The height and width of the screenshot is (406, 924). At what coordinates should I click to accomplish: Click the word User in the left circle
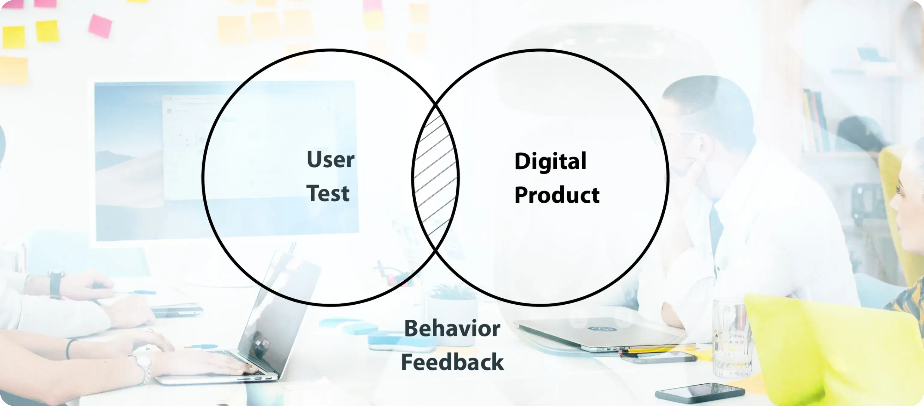[330, 159]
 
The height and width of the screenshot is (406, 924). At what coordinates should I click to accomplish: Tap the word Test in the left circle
[328, 193]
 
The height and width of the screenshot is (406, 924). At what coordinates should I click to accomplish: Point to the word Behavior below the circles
[452, 328]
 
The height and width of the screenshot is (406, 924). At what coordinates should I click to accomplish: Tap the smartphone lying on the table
[699, 393]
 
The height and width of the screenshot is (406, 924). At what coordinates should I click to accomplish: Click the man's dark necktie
[716, 229]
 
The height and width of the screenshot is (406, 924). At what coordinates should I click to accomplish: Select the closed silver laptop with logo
[599, 332]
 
